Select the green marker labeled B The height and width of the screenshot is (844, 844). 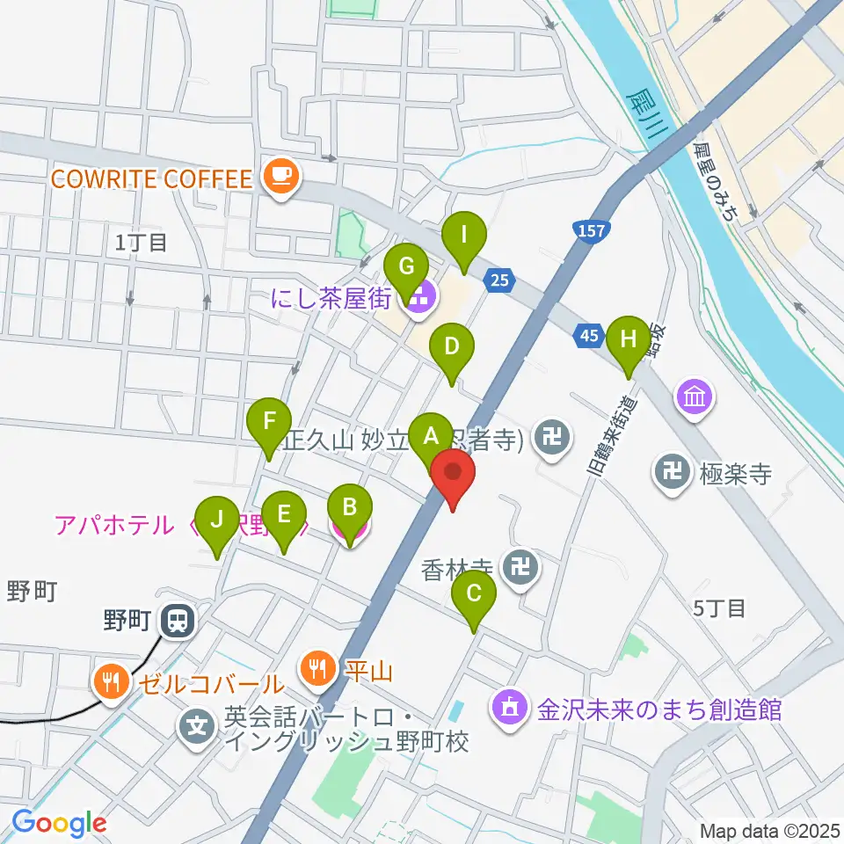(x=350, y=507)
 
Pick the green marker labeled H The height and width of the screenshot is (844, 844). (x=629, y=338)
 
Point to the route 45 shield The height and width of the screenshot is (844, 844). (x=589, y=334)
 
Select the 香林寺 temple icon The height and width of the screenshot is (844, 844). (x=522, y=568)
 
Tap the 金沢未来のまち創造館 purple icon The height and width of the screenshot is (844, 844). (x=509, y=707)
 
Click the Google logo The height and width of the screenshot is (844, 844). (x=59, y=823)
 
